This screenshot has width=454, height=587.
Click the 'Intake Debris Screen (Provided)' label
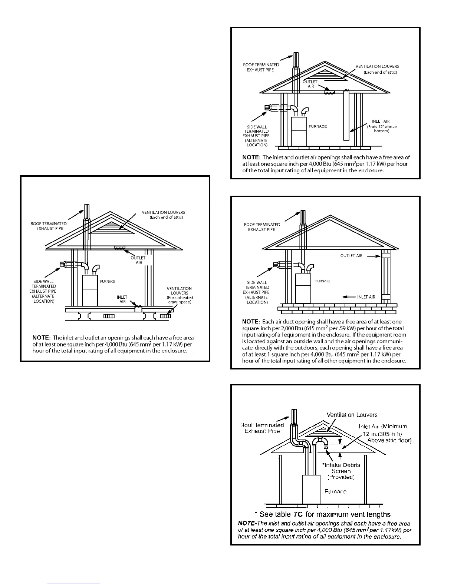tap(341, 471)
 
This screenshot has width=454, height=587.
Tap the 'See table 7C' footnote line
tap(322, 514)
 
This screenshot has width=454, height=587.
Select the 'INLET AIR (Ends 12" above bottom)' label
tap(381, 126)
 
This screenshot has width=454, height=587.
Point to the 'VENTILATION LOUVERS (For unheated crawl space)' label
tap(180, 295)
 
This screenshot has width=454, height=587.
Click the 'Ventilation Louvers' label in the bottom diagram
tap(352, 415)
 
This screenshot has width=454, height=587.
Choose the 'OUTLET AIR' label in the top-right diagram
tap(310, 84)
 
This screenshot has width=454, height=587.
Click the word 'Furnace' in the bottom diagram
tap(335, 491)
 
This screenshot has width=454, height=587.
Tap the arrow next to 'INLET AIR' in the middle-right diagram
tap(349, 297)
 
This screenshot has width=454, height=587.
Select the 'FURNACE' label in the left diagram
tap(108, 282)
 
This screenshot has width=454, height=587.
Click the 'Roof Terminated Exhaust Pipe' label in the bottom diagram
tap(262, 428)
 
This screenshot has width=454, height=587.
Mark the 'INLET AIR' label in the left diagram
tap(122, 299)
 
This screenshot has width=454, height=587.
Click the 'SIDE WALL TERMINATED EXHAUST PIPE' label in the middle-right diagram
tap(257, 292)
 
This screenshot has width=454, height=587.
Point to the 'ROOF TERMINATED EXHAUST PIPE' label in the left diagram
tap(49, 226)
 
